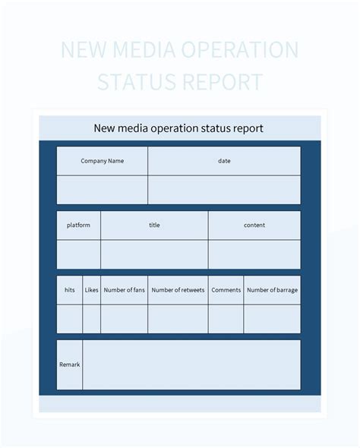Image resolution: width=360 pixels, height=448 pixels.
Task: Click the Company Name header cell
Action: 102,161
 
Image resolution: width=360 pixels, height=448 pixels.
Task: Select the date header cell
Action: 224,161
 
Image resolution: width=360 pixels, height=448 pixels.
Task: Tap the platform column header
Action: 78,226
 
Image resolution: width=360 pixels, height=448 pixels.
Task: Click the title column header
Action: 154,226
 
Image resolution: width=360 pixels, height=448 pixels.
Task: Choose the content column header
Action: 254,226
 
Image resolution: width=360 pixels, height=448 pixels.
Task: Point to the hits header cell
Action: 70,290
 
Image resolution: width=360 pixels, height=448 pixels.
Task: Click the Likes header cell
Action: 92,290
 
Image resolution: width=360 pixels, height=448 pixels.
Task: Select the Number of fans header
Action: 124,290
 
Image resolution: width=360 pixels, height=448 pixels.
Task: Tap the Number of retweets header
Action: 178,290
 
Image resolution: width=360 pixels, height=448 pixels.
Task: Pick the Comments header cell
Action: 226,290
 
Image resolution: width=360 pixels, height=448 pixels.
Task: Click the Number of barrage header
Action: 272,290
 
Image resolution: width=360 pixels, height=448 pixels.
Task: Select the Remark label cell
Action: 69,364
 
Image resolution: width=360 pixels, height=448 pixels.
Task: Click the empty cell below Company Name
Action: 102,190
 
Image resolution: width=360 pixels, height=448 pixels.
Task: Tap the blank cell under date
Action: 224,190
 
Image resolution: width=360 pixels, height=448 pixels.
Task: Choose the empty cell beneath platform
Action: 78,254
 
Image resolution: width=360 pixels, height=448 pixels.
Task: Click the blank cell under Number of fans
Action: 124,319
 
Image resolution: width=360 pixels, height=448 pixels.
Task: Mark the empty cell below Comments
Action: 226,319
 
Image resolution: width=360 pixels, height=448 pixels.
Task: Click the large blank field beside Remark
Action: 191,364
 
